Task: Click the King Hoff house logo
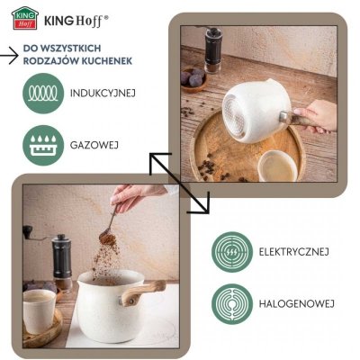pyautogui.click(x=25, y=18)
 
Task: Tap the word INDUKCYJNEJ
pyautogui.click(x=103, y=93)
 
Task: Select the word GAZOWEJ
pyautogui.click(x=94, y=145)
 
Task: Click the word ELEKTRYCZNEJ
pyautogui.click(x=294, y=251)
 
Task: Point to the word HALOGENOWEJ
pyautogui.click(x=297, y=304)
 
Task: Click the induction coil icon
pyautogui.click(x=43, y=94)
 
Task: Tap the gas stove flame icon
pyautogui.click(x=43, y=146)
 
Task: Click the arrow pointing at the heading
pyautogui.click(x=9, y=56)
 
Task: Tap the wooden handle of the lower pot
pyautogui.click(x=142, y=292)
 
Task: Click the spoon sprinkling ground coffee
pyautogui.click(x=109, y=222)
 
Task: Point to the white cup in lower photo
pyautogui.click(x=40, y=310)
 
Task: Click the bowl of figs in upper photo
pyautogui.click(x=193, y=79)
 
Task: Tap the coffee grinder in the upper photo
pyautogui.click(x=212, y=49)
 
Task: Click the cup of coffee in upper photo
pyautogui.click(x=278, y=166)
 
